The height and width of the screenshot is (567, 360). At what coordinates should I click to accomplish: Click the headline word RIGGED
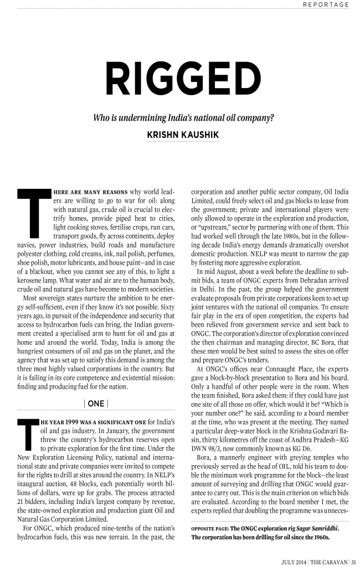180,83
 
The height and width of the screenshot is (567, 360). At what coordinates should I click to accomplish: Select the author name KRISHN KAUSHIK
180,135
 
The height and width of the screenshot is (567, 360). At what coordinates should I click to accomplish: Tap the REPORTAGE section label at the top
325,4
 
